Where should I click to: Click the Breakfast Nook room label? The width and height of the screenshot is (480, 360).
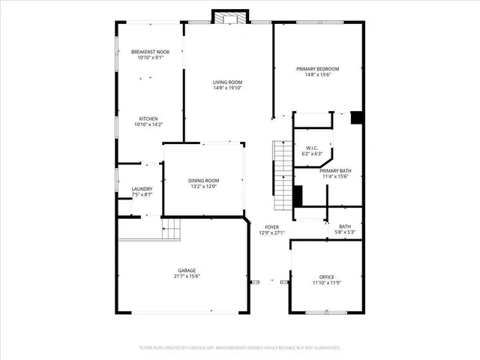pos(150,52)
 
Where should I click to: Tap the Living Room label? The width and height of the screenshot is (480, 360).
pos(227,82)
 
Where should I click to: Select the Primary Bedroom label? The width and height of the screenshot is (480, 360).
pos(318,68)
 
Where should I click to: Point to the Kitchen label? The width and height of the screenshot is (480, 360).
pos(148,118)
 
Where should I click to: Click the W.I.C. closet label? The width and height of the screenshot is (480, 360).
pos(312,148)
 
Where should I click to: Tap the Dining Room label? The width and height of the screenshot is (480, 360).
pos(203,180)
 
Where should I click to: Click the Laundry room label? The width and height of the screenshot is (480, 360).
pos(142,189)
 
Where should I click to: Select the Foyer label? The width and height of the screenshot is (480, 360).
pos(271,226)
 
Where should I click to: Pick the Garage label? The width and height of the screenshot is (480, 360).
pos(187,270)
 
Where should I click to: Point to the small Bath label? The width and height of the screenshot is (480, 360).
pos(344,226)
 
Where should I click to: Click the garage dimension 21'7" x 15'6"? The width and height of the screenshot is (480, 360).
pos(187,276)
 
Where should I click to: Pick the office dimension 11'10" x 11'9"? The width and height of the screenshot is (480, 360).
pos(326,283)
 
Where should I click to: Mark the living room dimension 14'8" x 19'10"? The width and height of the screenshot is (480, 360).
pos(227,88)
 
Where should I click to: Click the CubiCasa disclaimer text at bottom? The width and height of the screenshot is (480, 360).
pos(240,348)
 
